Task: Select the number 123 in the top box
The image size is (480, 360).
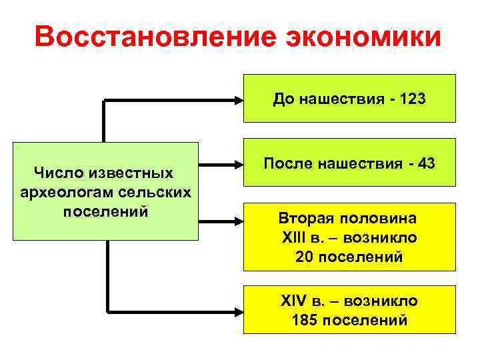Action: pyautogui.click(x=413, y=100)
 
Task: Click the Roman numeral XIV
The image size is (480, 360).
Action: pyautogui.click(x=294, y=301)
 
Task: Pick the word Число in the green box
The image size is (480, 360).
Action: pyautogui.click(x=57, y=173)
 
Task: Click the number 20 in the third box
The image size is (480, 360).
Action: pyautogui.click(x=304, y=257)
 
